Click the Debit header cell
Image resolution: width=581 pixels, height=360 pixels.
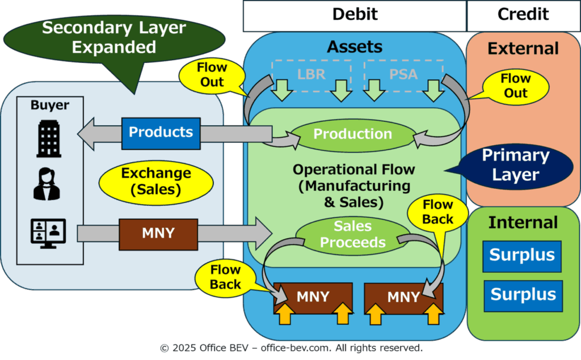355,16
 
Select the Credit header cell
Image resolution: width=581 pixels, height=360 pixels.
523,16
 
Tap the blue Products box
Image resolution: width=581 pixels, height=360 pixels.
161,133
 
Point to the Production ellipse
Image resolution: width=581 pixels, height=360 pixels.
353,135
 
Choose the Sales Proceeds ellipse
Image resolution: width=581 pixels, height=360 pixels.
353,235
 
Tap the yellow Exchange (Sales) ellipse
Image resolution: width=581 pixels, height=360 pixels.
156,182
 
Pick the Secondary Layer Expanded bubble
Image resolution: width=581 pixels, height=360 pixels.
114,39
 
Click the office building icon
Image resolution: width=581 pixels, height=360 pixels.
49,138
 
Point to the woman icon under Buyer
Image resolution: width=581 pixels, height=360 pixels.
47,184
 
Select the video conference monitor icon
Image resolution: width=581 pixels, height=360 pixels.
48,234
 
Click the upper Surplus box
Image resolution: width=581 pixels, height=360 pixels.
522,256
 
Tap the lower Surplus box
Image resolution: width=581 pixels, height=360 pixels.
523,296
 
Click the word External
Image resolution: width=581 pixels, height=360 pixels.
523,49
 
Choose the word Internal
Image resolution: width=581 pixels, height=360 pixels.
523,223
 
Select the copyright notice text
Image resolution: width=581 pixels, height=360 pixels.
291,348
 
